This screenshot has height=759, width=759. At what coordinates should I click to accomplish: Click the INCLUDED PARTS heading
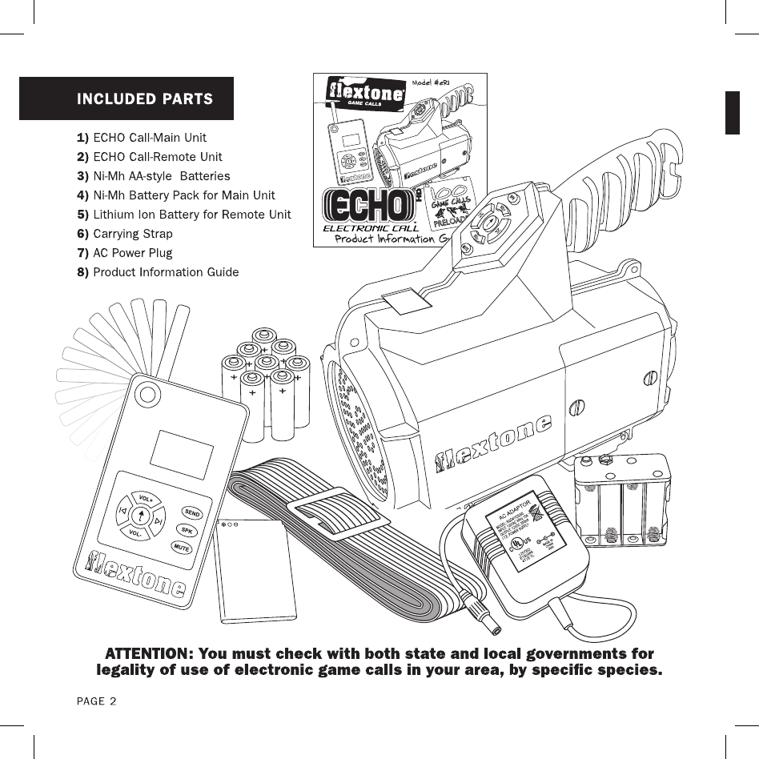tap(144, 99)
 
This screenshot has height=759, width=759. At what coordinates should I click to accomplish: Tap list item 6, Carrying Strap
tap(132, 234)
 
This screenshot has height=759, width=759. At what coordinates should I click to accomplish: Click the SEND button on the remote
tap(191, 512)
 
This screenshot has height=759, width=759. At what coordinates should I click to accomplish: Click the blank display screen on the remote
tap(183, 454)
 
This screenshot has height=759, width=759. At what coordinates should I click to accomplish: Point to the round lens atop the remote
tap(147, 393)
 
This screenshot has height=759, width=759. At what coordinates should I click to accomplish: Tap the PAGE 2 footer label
tap(96, 701)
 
